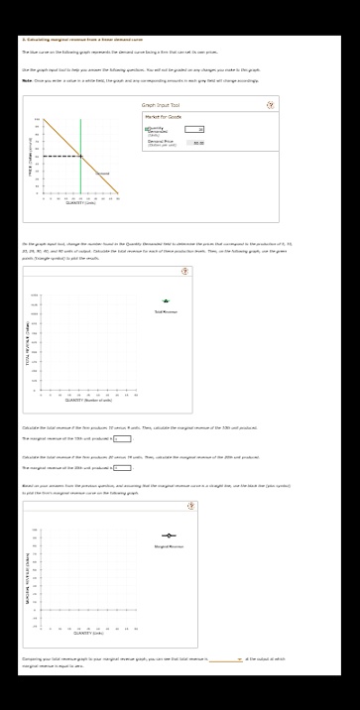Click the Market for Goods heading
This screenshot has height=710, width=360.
click(x=162, y=117)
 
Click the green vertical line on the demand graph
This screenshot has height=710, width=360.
click(x=81, y=159)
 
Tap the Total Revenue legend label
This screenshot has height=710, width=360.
click(x=166, y=284)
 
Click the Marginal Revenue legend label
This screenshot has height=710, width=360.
click(x=169, y=546)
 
